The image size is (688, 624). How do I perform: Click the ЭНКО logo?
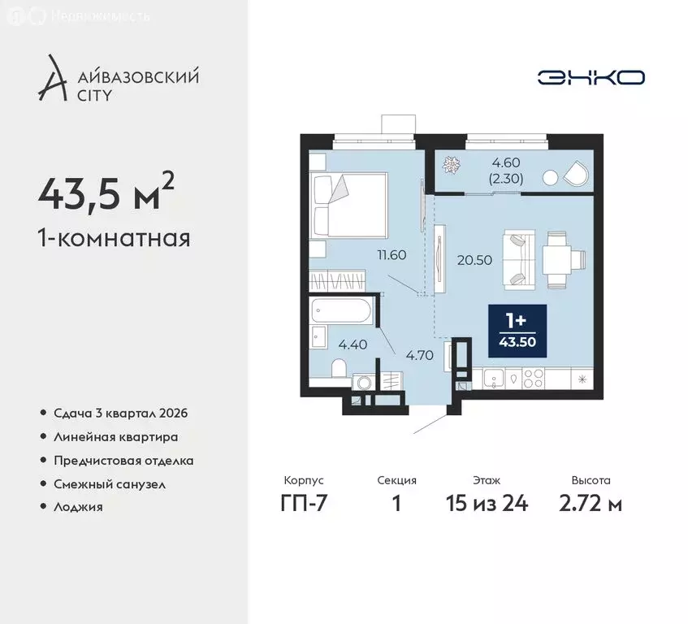point(591,77)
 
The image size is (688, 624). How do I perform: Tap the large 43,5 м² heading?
point(106,193)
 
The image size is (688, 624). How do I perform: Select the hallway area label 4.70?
point(419,354)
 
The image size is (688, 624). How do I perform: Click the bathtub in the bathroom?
point(342,312)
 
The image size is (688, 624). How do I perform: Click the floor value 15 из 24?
point(487,504)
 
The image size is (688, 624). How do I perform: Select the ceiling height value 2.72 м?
point(591,504)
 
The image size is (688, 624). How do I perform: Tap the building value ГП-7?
point(304,504)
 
